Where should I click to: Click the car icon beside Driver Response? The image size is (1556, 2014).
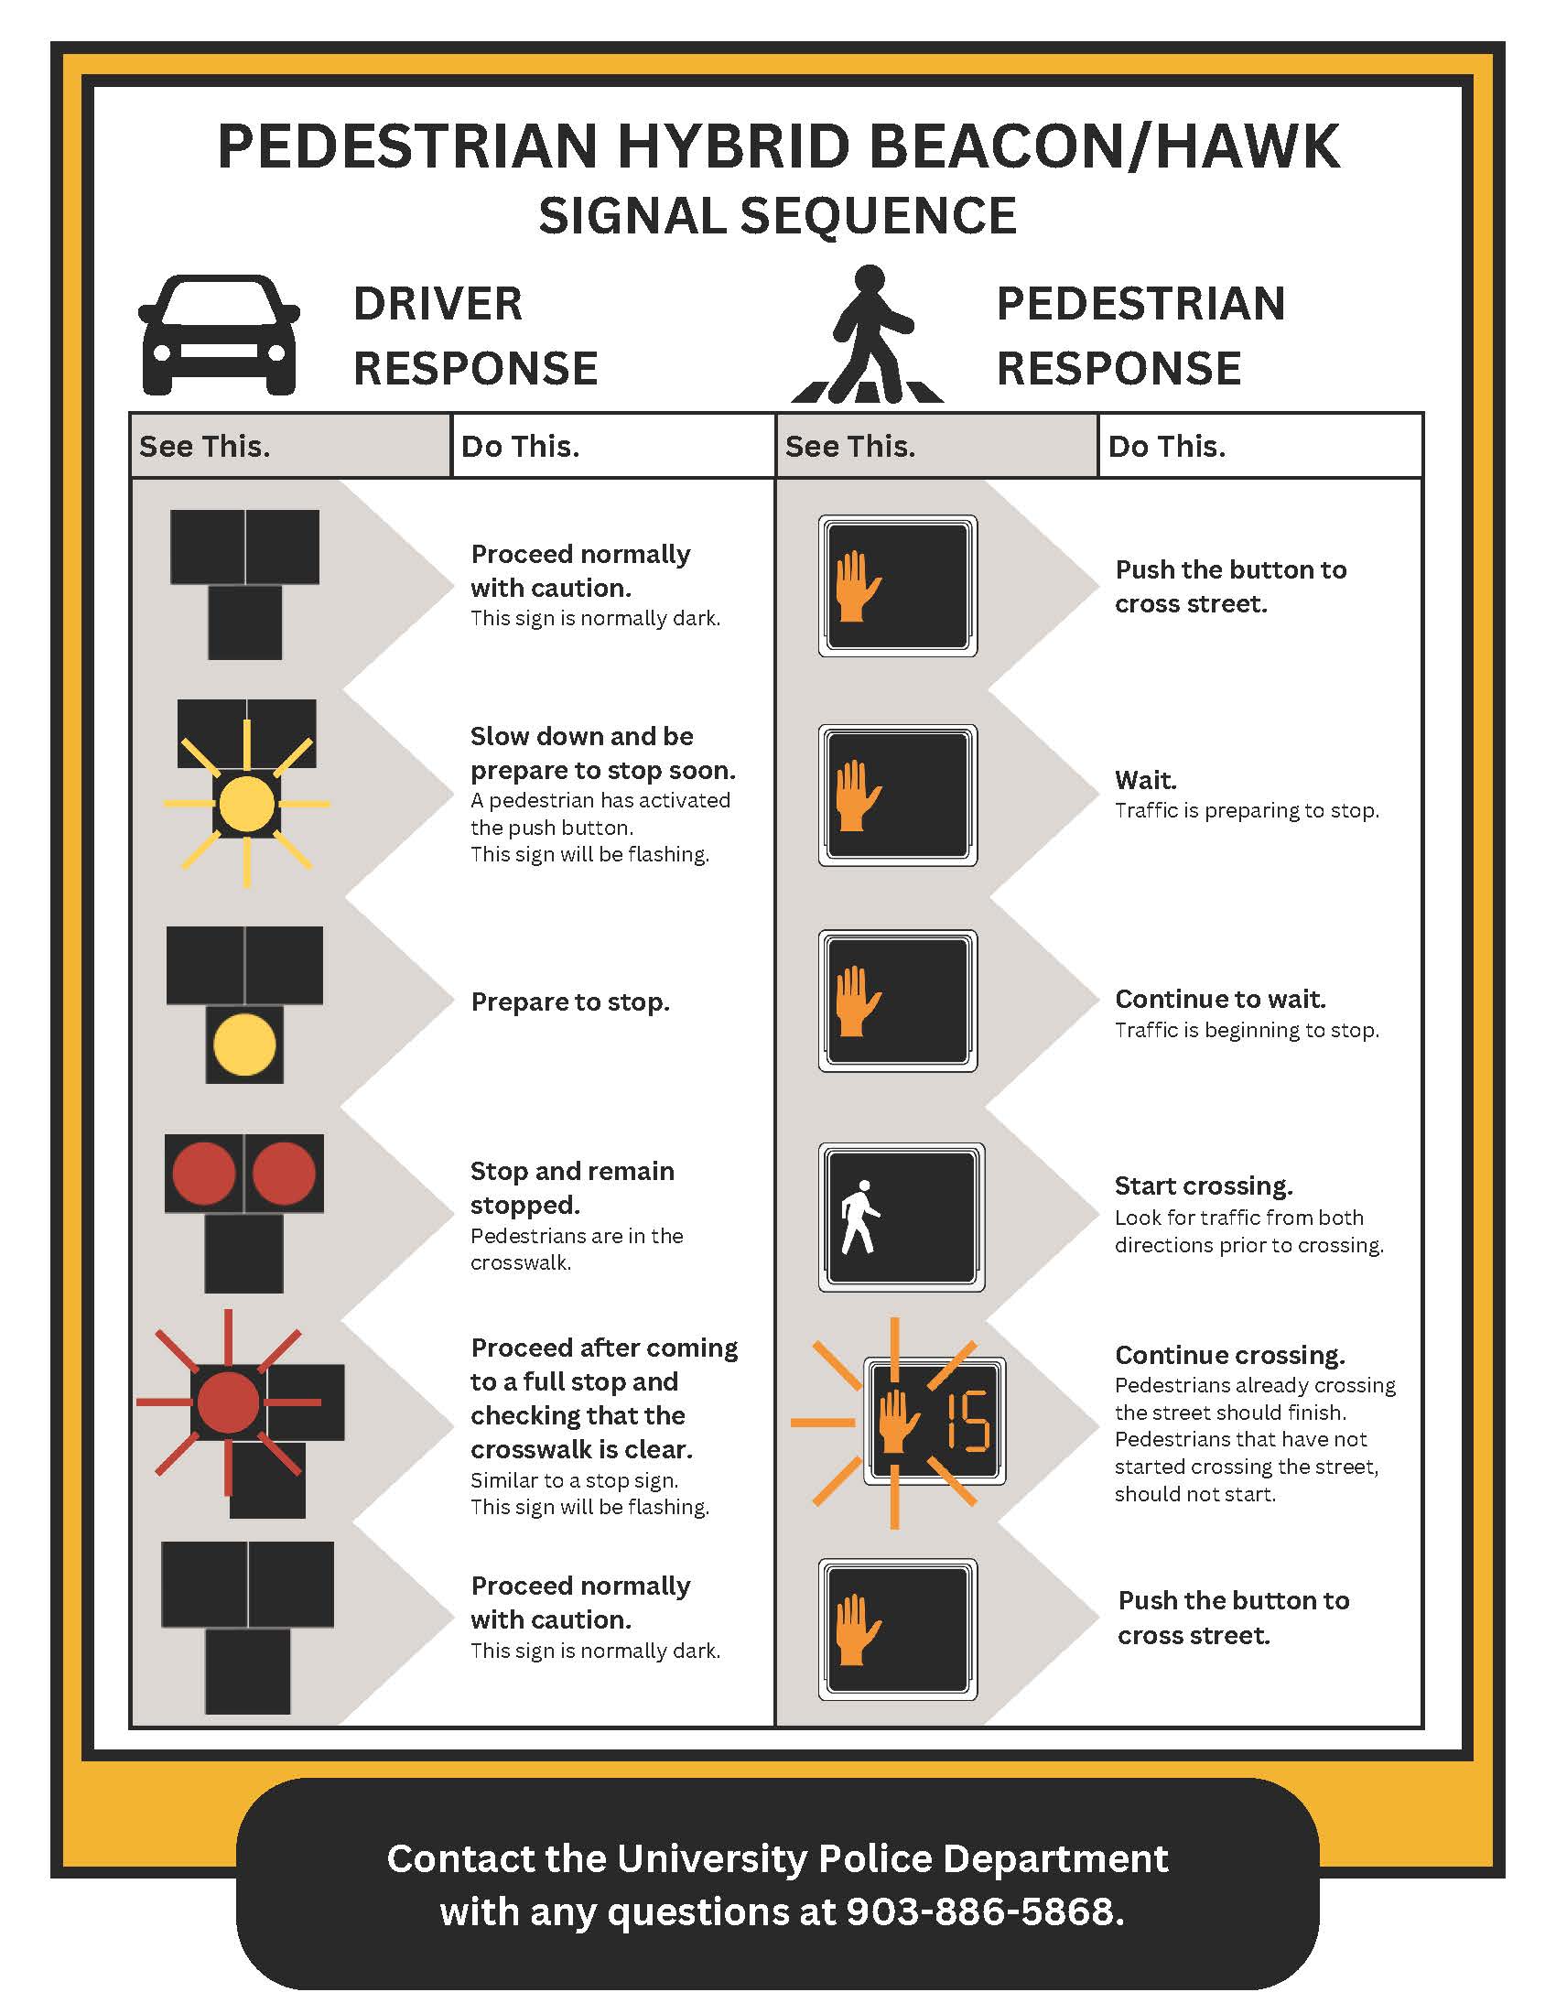[x=220, y=336]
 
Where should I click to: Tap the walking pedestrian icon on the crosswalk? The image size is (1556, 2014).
[x=868, y=336]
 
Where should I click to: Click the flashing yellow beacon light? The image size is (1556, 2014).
[x=245, y=803]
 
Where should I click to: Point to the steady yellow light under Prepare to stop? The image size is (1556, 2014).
[x=244, y=1044]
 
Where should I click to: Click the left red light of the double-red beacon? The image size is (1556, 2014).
[x=204, y=1173]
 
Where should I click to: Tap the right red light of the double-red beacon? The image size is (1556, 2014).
[x=284, y=1173]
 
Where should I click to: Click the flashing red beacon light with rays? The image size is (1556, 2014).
[x=228, y=1402]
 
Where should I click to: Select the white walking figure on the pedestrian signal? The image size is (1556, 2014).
[x=860, y=1217]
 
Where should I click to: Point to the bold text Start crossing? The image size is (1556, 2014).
[x=1203, y=1185]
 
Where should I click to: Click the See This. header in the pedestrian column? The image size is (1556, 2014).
[x=849, y=447]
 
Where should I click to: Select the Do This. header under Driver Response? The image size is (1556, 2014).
[x=520, y=447]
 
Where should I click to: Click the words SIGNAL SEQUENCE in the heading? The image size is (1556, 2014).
[x=777, y=216]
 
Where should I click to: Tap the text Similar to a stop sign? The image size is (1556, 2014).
[x=573, y=1480]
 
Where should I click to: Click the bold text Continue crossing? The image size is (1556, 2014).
[x=1229, y=1355]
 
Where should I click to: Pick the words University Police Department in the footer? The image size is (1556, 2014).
[x=891, y=1858]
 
